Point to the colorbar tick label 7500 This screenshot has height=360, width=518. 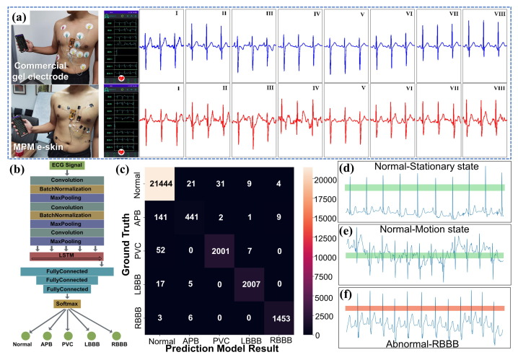point(325,277)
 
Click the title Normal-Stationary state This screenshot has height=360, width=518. point(423,167)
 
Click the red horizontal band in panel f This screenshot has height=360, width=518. point(423,308)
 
